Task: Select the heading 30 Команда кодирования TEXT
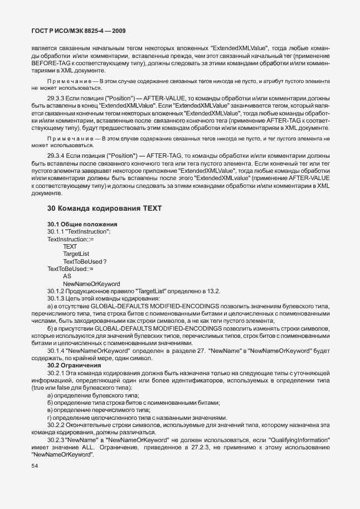click(x=104, y=209)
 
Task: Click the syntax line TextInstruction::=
click(x=71, y=239)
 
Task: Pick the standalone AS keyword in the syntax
click(x=67, y=276)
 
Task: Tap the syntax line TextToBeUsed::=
click(x=70, y=269)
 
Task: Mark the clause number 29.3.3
click(x=57, y=98)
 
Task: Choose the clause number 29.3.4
click(x=57, y=156)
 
